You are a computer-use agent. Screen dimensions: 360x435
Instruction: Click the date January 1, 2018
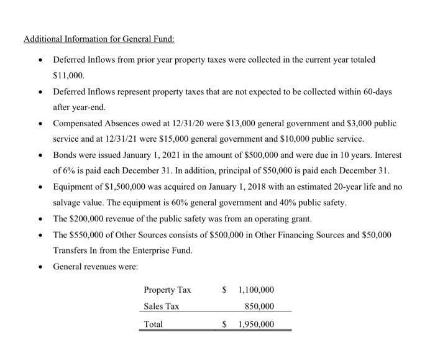pyautogui.click(x=225, y=187)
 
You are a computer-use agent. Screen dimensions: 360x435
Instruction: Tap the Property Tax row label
pyautogui.click(x=167, y=290)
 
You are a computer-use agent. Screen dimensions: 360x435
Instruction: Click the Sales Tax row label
pyautogui.click(x=161, y=307)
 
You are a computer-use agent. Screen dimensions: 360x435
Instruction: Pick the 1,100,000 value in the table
pyautogui.click(x=256, y=290)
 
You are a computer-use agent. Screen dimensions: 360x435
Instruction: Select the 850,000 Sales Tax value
pyautogui.click(x=260, y=307)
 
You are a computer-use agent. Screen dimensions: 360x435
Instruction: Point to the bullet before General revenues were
pyautogui.click(x=40, y=267)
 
